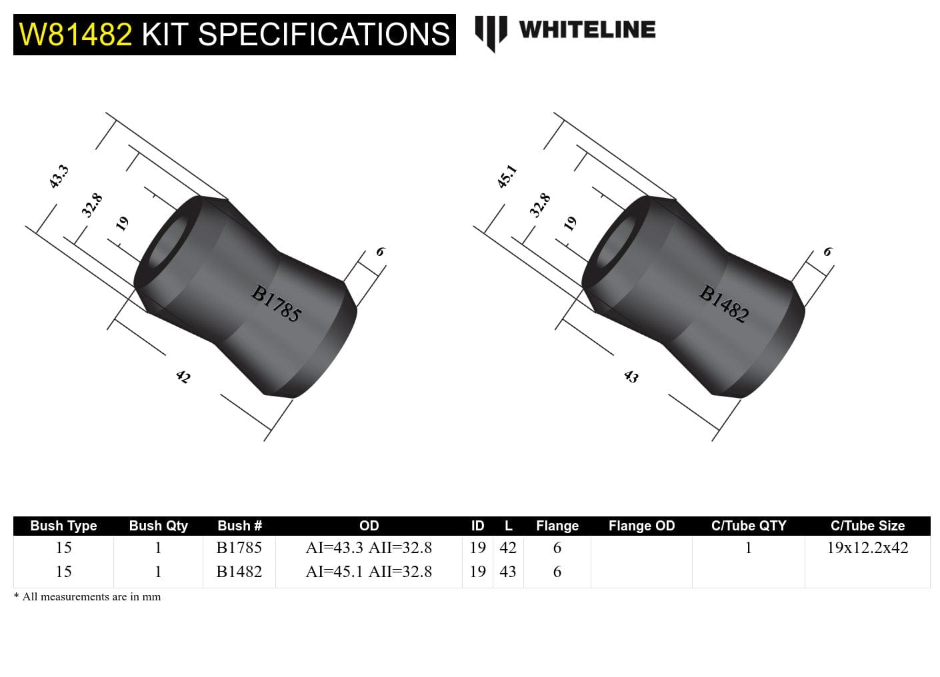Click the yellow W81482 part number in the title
(x=75, y=34)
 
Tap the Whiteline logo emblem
(x=491, y=33)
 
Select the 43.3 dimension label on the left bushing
(x=59, y=177)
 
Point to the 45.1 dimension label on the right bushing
(x=507, y=177)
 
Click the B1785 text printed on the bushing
(x=276, y=304)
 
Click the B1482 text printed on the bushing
(x=724, y=304)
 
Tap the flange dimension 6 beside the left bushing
(x=380, y=252)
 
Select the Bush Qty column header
(x=158, y=526)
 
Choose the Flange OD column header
(x=641, y=526)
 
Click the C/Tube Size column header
(x=867, y=526)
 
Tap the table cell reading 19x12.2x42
(x=867, y=548)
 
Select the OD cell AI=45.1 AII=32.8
(x=369, y=572)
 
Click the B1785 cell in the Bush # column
(x=239, y=548)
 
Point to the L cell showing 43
(x=508, y=572)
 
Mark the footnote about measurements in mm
(x=87, y=597)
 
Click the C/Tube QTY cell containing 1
(x=748, y=548)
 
